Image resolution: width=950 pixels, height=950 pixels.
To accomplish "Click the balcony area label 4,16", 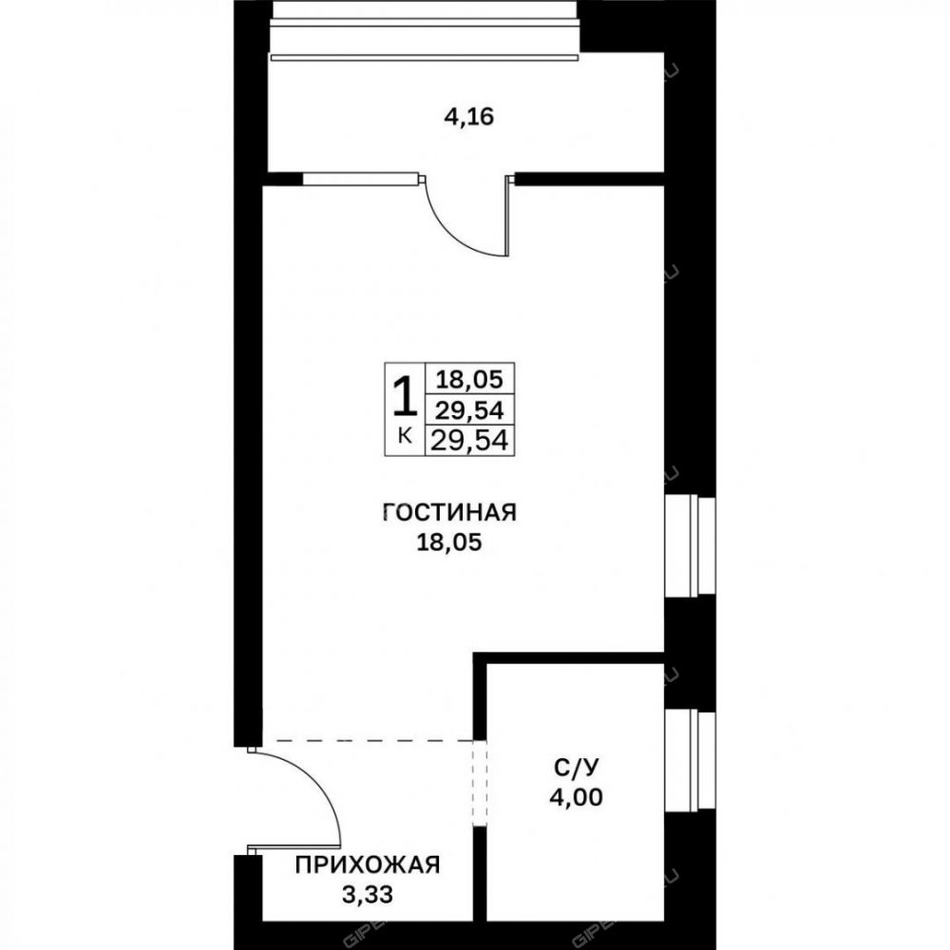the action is pos(469,117).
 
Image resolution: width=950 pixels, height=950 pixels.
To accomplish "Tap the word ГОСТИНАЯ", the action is pos(449,513).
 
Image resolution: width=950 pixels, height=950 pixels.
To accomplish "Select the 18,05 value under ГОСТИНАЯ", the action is pos(449,542).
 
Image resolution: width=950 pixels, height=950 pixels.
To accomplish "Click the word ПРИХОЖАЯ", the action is pos(367,865).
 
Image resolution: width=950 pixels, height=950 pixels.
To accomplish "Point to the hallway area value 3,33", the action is pos(367,894).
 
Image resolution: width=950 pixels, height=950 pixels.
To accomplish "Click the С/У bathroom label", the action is pos(576,768).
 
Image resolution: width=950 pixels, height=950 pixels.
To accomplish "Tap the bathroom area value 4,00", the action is pos(577,797).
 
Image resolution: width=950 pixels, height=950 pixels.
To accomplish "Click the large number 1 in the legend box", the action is pos(406,397).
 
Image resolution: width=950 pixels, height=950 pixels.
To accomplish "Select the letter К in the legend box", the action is pos(406,436).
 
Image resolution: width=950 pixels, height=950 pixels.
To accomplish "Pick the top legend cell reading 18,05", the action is pos(470,380).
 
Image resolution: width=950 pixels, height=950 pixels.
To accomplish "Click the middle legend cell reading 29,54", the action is pos(470,410).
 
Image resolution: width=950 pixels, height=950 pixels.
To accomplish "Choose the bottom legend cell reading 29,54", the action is pos(470,441).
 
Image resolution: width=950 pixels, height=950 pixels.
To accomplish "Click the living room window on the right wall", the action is pos(690,545).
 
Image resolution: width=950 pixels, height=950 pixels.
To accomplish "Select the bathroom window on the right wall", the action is pos(690,760).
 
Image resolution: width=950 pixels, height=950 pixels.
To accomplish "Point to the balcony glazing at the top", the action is pos(426,30).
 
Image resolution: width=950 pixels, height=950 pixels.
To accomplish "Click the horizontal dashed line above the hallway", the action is pos(367,740).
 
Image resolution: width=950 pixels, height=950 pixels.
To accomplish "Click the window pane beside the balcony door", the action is pos(360,179).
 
